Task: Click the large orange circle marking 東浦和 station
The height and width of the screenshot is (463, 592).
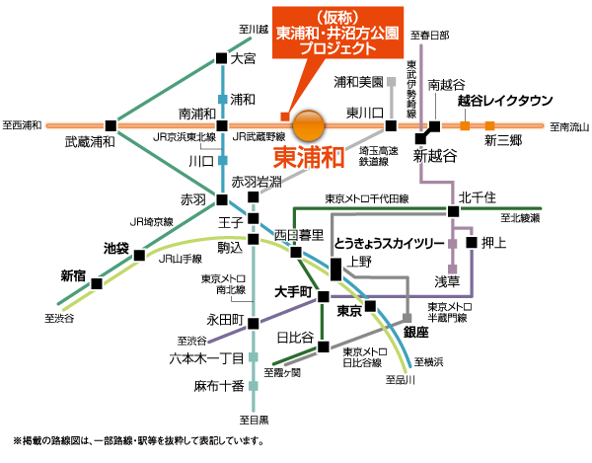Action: [310, 125]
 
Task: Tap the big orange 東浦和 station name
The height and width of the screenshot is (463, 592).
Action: [308, 157]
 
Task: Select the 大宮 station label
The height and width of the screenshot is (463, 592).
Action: [243, 59]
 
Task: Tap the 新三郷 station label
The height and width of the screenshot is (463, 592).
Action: [503, 141]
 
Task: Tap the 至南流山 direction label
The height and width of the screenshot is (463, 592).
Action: [568, 126]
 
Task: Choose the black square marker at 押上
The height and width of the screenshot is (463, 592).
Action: [472, 243]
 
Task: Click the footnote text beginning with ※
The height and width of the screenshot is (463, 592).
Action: [138, 441]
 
